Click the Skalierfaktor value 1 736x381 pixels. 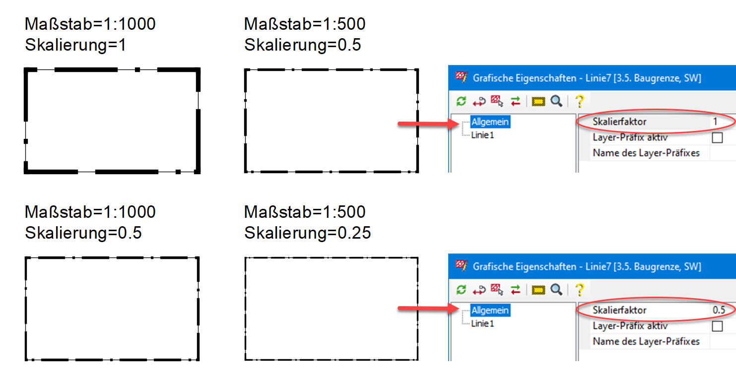click(x=715, y=122)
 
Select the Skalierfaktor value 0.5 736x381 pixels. click(x=719, y=310)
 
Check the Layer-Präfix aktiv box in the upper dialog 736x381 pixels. click(x=717, y=137)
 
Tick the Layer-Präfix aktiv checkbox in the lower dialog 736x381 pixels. click(x=717, y=326)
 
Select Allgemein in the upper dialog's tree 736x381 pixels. click(x=490, y=122)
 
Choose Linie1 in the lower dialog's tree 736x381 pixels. click(x=482, y=323)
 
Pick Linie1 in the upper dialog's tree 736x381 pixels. click(x=482, y=135)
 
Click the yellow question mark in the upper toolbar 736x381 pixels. click(x=579, y=101)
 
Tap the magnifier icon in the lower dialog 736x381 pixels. click(x=557, y=290)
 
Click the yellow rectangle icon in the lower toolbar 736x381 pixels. click(x=538, y=290)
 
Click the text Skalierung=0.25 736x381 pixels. click(x=308, y=233)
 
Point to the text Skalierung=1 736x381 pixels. click(x=75, y=45)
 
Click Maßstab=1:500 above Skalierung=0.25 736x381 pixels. click(x=305, y=212)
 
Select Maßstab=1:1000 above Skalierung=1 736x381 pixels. click(x=90, y=23)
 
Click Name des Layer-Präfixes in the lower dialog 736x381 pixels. click(x=646, y=341)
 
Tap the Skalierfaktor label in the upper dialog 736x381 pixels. click(x=619, y=122)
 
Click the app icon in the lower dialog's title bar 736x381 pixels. click(x=461, y=266)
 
